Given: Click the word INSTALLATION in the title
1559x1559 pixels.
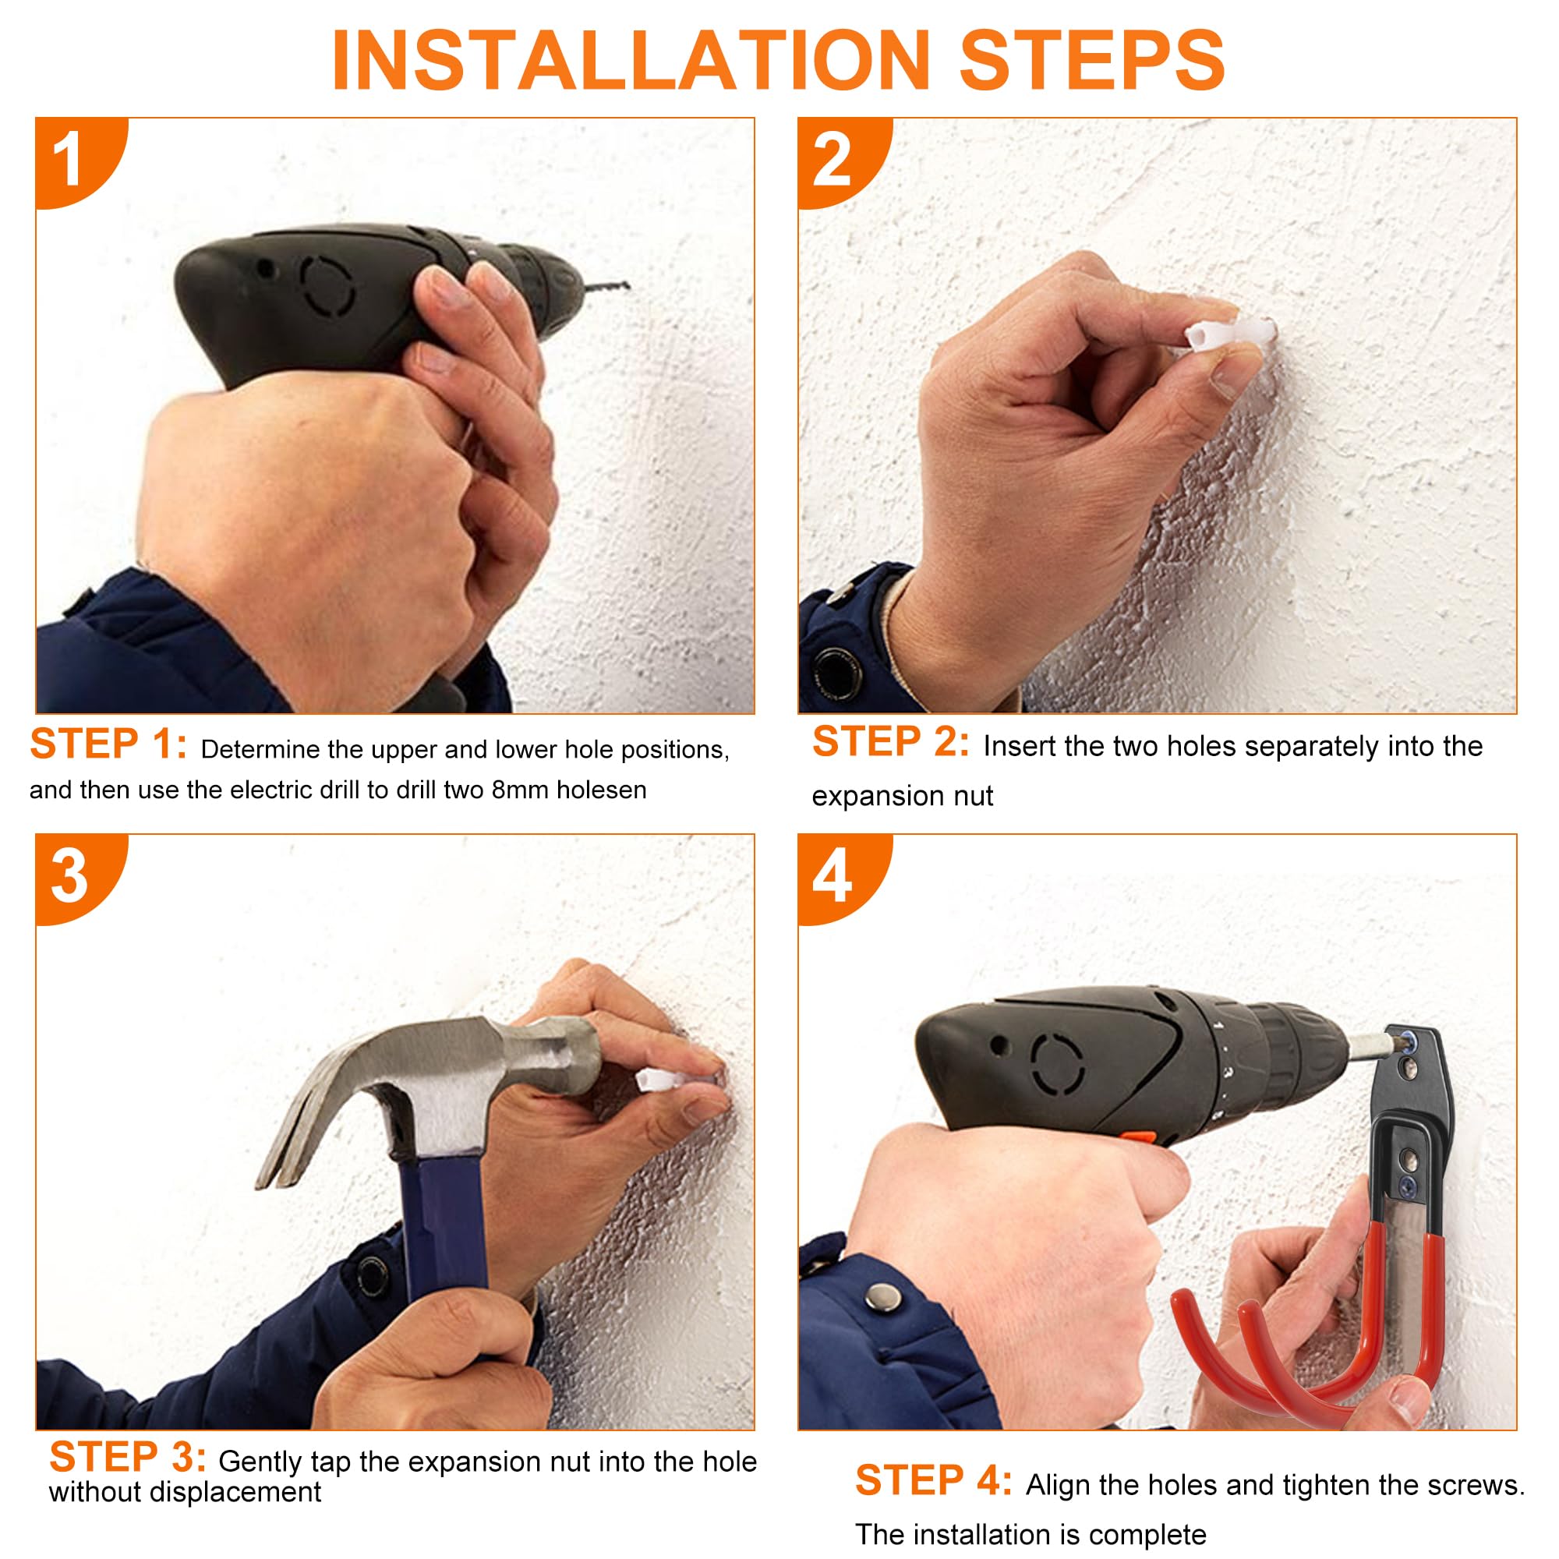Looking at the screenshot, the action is click(x=631, y=61).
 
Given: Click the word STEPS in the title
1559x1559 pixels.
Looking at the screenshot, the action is click(x=1092, y=61).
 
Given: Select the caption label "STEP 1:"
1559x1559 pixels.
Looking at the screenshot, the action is click(x=108, y=744).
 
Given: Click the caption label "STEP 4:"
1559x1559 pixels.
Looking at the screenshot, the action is click(x=934, y=1481).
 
